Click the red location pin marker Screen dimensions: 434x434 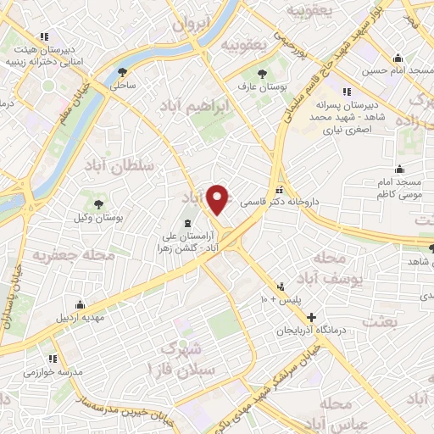coord(219,199)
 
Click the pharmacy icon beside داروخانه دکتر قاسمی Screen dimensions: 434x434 coord(280,188)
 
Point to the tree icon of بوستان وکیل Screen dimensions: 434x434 coord(98,203)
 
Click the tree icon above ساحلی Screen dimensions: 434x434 coord(124,72)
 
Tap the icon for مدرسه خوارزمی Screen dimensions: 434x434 coord(53,359)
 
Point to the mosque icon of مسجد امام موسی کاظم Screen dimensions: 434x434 coord(400,169)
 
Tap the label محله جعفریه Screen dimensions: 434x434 coord(60,253)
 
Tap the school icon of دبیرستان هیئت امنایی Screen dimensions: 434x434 coord(44,36)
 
